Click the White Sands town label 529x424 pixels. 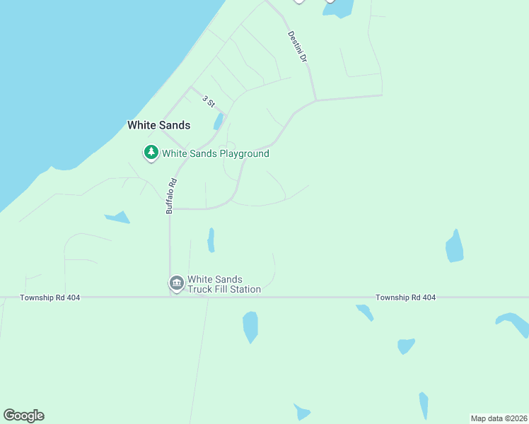[158, 125]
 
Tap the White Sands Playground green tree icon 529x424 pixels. [151, 153]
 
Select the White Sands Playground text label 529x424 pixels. [215, 153]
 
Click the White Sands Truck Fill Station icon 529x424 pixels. [176, 283]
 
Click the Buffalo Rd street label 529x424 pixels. [170, 196]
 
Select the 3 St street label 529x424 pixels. [208, 101]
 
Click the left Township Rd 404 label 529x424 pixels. [50, 298]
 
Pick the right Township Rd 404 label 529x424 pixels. [405, 298]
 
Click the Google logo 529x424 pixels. [23, 415]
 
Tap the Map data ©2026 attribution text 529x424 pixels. [498, 418]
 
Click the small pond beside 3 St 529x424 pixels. [219, 122]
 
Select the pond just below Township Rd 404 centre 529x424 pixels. [250, 326]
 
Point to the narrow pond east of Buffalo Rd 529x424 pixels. [211, 240]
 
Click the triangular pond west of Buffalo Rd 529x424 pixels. [119, 217]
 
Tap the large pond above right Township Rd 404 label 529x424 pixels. [455, 247]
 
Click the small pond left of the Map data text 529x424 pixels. [423, 406]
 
